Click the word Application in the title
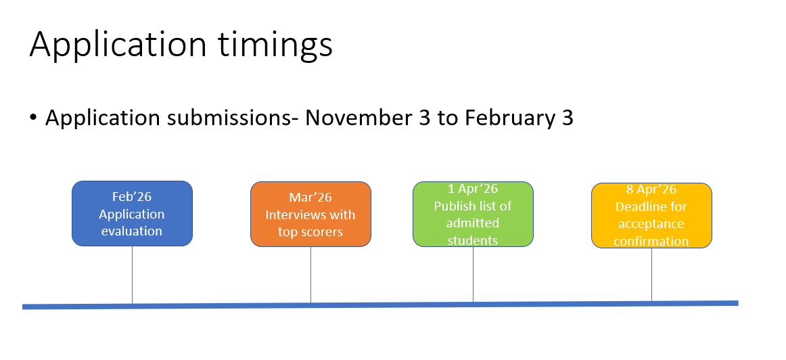tap(118, 45)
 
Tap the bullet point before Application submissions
tap(33, 118)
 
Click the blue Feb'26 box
tap(133, 214)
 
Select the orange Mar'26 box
tap(310, 214)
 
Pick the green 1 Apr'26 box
tap(473, 214)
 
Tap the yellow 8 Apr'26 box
tap(651, 216)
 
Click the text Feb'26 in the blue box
tap(132, 196)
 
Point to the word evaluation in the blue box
tap(132, 231)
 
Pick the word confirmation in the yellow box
tap(651, 241)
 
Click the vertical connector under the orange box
tap(310, 275)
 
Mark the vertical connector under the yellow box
tap(651, 275)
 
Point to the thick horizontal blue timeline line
tap(380, 305)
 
